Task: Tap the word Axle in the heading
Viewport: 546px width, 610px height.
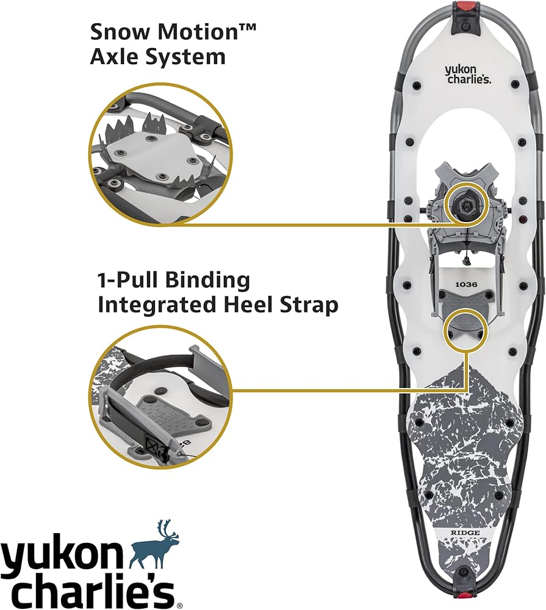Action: pyautogui.click(x=115, y=57)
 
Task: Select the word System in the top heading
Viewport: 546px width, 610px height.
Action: pyautogui.click(x=185, y=57)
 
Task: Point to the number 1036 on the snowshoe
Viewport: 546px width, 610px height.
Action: pyautogui.click(x=466, y=284)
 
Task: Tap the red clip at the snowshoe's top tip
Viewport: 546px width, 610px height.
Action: pyautogui.click(x=466, y=7)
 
